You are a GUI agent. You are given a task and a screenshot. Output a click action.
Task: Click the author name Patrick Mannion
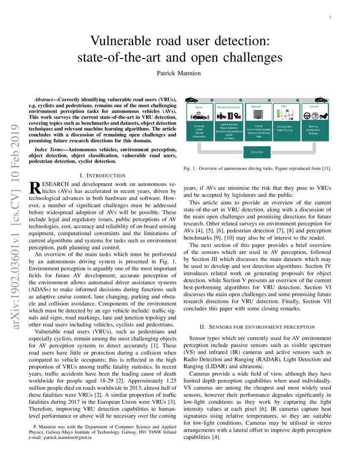click(x=180, y=73)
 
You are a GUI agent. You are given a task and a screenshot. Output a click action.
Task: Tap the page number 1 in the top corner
click(x=329, y=17)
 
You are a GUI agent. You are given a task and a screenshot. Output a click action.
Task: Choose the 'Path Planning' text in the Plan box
click(x=285, y=130)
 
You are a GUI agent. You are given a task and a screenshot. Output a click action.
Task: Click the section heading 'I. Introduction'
click(x=102, y=175)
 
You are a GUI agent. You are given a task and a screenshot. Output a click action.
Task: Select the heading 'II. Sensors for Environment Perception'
click(x=257, y=327)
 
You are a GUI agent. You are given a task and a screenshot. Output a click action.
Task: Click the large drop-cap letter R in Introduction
click(x=33, y=188)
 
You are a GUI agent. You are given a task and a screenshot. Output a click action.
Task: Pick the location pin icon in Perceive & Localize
click(x=238, y=116)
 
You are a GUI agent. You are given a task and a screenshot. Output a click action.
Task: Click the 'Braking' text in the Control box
click(x=313, y=133)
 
